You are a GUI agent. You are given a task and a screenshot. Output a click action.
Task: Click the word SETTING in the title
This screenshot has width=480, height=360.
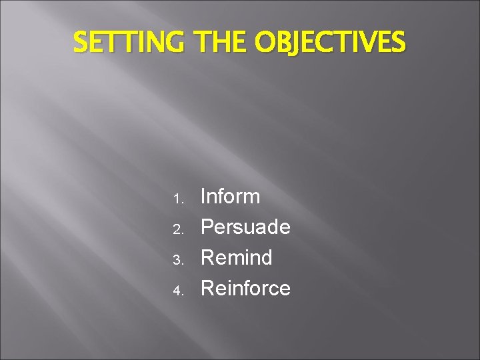131,43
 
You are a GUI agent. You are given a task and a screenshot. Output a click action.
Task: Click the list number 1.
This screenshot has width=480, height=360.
177,199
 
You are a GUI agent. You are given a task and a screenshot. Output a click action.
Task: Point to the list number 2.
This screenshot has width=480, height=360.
177,229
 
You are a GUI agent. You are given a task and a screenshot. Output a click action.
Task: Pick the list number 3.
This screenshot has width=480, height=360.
177,260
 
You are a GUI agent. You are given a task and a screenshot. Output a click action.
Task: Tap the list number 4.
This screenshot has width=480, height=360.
177,291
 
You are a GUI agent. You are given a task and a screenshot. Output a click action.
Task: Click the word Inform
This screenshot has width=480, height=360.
230,197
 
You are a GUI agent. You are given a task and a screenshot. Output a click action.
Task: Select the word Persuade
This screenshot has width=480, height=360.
245,227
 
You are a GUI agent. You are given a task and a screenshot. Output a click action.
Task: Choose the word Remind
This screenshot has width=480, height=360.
236,257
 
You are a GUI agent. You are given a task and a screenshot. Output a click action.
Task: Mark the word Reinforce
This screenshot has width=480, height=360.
245,288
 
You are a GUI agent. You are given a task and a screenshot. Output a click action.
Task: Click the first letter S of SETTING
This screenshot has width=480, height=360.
80,43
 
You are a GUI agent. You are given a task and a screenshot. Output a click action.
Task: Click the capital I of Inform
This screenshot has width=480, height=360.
203,197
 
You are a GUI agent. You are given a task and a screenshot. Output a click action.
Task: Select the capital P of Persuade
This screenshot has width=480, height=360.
207,227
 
